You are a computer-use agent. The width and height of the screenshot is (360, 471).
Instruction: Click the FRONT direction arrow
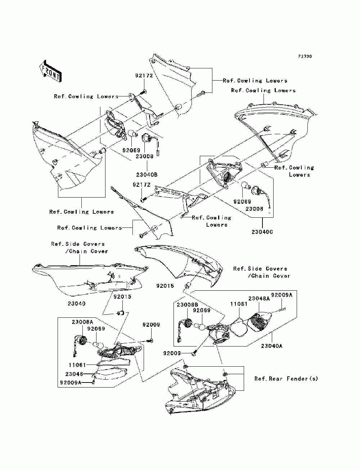coord(51,71)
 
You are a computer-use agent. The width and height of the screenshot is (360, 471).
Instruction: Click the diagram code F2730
coord(305,56)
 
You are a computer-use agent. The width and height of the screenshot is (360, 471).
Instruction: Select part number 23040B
coord(147,175)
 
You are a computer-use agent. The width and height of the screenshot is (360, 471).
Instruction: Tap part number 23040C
coord(262,232)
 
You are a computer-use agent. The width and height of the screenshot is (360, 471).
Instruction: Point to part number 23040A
coord(272,346)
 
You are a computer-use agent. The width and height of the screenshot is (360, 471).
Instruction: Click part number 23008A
coord(82,322)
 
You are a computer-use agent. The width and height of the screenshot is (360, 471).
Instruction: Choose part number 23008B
coord(188,305)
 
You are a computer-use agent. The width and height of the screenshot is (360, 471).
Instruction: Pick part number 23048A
coord(259,299)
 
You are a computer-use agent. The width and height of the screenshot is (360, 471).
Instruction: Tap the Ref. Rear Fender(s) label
coord(286,379)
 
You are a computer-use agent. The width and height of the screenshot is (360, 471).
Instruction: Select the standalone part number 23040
coord(76,303)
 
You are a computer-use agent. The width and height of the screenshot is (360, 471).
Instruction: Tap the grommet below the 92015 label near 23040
coord(121,313)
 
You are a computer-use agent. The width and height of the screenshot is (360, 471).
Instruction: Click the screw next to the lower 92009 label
coord(194,353)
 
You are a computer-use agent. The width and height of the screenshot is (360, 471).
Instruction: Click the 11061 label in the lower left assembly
coord(77,365)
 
